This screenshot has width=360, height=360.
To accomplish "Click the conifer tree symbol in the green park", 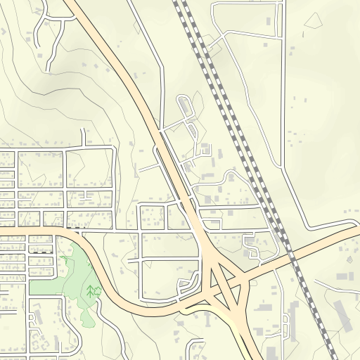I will [91, 290].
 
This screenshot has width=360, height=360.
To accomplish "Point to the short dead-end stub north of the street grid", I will [86, 136].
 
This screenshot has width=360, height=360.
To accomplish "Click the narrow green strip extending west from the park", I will [42, 288].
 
